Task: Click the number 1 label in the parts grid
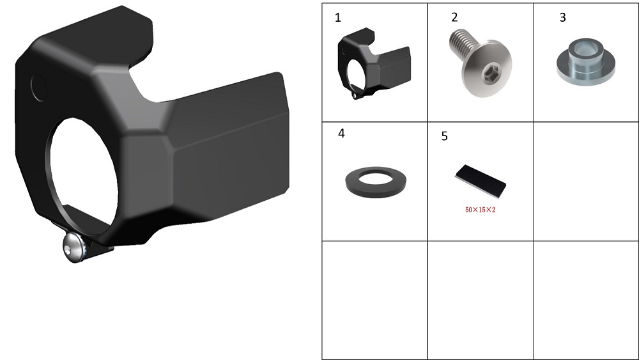click(x=337, y=18)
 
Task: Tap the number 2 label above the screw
click(x=454, y=17)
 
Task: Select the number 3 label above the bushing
click(x=563, y=17)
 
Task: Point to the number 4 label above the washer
click(x=341, y=133)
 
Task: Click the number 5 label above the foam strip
click(x=445, y=136)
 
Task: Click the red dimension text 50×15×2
click(x=481, y=210)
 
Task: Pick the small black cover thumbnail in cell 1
click(x=374, y=63)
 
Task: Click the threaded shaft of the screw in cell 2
click(x=462, y=43)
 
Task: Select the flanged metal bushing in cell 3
click(x=585, y=61)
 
